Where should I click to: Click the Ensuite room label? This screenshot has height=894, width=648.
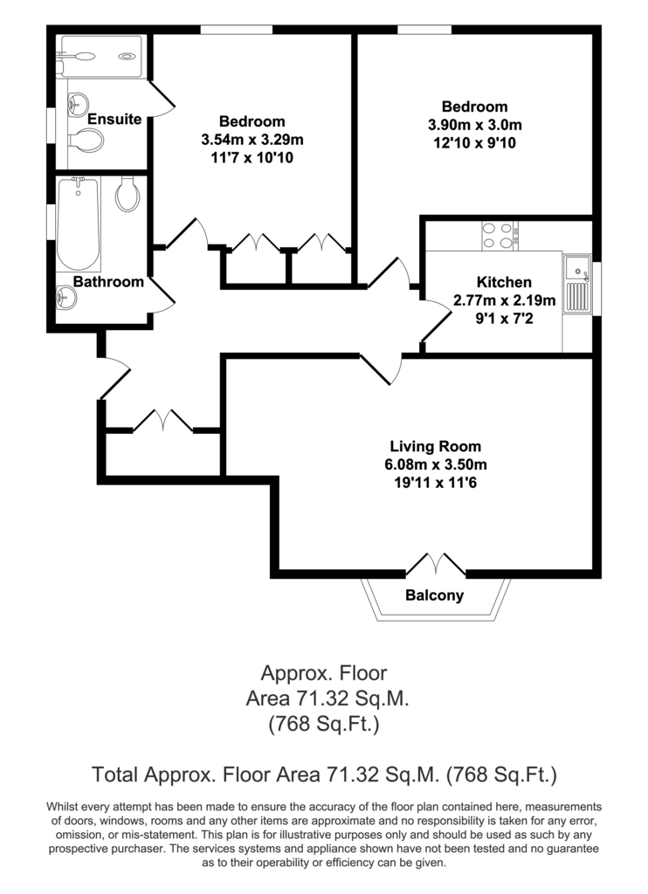click(x=114, y=119)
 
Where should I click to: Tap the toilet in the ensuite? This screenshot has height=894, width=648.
click(x=86, y=140)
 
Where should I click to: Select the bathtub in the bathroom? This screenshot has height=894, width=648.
click(x=78, y=223)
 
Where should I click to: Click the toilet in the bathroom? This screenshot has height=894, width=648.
click(x=128, y=193)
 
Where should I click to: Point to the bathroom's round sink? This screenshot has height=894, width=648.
click(x=66, y=297)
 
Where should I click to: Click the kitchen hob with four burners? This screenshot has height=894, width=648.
click(x=500, y=236)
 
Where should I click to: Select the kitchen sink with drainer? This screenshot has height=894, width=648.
click(x=577, y=284)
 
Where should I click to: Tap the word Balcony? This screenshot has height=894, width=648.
click(x=435, y=595)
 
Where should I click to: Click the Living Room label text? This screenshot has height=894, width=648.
click(x=435, y=446)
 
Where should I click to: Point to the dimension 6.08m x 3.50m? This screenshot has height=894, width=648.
click(x=435, y=464)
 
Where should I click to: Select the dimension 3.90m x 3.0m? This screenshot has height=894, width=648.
click(x=474, y=125)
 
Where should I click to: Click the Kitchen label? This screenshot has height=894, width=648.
click(x=504, y=282)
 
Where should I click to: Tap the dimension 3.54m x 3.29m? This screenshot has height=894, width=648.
click(x=252, y=140)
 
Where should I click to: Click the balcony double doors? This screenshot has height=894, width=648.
click(x=435, y=564)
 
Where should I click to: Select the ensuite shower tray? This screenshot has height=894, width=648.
click(x=101, y=57)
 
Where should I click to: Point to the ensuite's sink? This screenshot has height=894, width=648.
click(x=78, y=105)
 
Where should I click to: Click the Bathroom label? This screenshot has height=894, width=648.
click(x=108, y=282)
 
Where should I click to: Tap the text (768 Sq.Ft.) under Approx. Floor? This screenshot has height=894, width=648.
click(x=324, y=724)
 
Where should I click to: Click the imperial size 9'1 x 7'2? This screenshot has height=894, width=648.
click(x=504, y=318)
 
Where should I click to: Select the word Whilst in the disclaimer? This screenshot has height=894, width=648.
click(x=62, y=807)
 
